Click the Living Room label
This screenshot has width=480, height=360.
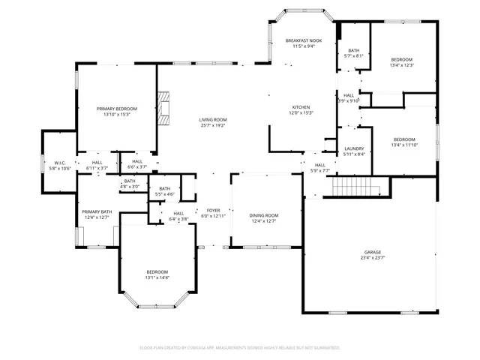[x=213, y=120]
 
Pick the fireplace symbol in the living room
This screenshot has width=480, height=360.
[x=163, y=106]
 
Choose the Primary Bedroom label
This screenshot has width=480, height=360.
[x=116, y=109]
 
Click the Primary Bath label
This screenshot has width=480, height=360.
[x=96, y=211]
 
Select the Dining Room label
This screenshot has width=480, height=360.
[x=263, y=215]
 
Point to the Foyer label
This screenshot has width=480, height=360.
[x=213, y=210]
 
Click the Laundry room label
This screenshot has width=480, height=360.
[x=354, y=148]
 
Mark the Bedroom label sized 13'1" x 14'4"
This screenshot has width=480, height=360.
[x=157, y=271]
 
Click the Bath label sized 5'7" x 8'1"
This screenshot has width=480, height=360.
[x=353, y=50]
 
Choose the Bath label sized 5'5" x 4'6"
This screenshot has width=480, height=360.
[x=164, y=188]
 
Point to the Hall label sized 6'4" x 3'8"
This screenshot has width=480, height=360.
[x=178, y=213]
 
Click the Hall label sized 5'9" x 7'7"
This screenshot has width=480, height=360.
[x=320, y=165]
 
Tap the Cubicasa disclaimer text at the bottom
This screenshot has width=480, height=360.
[x=240, y=348]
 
